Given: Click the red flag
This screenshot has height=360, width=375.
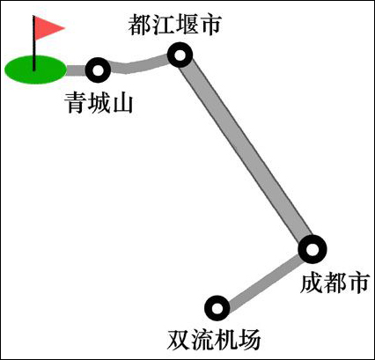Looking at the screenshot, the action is (47, 28).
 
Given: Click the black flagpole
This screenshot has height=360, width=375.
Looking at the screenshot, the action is (34, 44).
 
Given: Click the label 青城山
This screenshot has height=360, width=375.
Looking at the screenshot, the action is (99, 103).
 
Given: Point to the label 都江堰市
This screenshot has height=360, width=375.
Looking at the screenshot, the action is (174, 24).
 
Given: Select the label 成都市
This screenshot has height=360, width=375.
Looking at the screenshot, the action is (335, 283).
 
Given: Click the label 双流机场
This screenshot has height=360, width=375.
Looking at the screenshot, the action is (214, 340).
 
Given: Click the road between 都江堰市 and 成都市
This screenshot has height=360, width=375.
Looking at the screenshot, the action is (246, 152).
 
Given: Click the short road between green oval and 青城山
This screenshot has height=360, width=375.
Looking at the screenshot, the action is (77, 70).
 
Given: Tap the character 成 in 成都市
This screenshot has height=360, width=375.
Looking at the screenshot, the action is (311, 283).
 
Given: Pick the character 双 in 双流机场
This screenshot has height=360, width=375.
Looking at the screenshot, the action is (179, 340).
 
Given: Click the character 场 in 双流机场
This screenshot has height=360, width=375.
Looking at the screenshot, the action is (249, 340).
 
